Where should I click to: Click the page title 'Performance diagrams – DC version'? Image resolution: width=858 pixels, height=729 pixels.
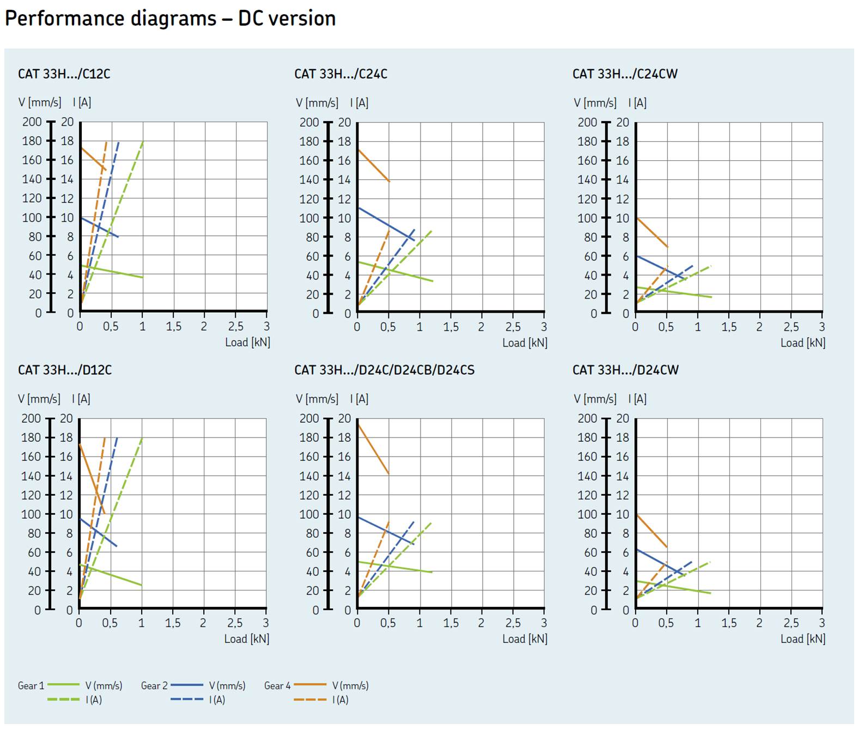(x=170, y=19)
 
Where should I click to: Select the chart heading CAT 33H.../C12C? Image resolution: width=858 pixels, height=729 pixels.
(x=64, y=74)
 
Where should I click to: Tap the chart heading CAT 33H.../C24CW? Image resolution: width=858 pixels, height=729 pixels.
(x=625, y=74)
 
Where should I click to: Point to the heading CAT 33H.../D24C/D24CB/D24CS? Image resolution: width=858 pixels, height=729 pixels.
(x=384, y=370)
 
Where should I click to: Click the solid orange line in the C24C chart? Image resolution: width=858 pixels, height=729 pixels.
(x=374, y=166)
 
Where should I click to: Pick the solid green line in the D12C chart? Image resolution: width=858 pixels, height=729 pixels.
(x=111, y=575)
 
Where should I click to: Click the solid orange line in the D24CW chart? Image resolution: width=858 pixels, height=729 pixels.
(x=652, y=531)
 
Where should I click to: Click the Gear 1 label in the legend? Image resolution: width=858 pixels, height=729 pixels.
(x=31, y=686)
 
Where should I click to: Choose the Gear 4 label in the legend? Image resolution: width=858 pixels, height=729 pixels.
(x=277, y=686)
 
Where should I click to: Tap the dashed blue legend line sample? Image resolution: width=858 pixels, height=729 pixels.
(x=186, y=700)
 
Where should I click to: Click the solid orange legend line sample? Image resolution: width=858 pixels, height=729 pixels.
(x=309, y=685)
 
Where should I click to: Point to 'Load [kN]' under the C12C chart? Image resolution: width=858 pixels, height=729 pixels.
(x=247, y=342)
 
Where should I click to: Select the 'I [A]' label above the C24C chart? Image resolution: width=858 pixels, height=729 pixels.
(x=359, y=102)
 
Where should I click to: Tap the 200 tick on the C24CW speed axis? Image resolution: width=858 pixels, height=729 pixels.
(x=587, y=122)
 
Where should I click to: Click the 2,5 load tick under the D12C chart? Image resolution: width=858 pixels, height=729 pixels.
(x=235, y=623)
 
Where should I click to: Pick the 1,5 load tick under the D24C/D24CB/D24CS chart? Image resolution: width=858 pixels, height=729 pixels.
(x=451, y=623)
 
